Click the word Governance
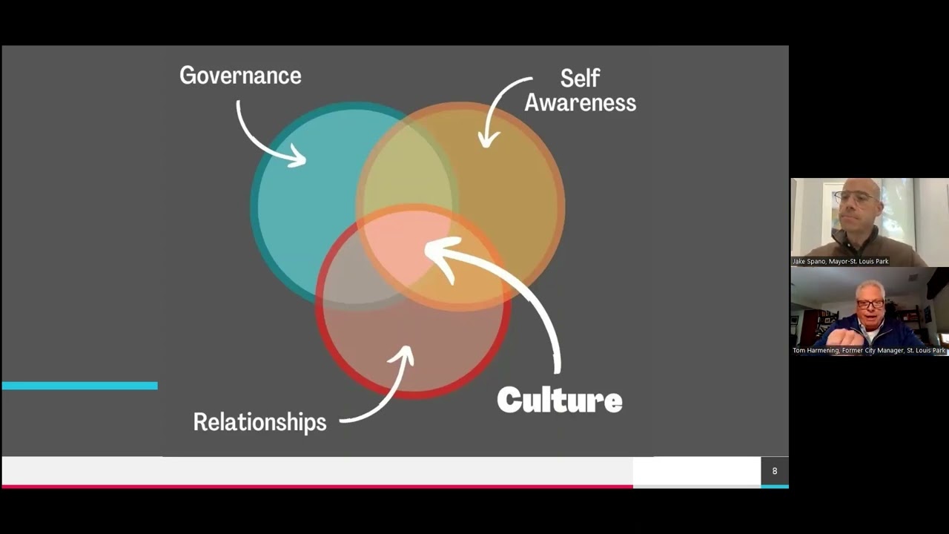(x=240, y=76)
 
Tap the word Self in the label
(x=580, y=79)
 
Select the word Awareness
(x=581, y=103)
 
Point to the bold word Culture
(x=560, y=400)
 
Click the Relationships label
(x=259, y=422)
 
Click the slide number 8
(x=775, y=471)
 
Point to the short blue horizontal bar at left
(x=79, y=386)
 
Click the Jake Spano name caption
(x=841, y=262)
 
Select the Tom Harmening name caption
(x=869, y=351)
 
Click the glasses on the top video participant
(x=856, y=198)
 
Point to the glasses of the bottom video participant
(x=870, y=303)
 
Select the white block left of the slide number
(x=697, y=471)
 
